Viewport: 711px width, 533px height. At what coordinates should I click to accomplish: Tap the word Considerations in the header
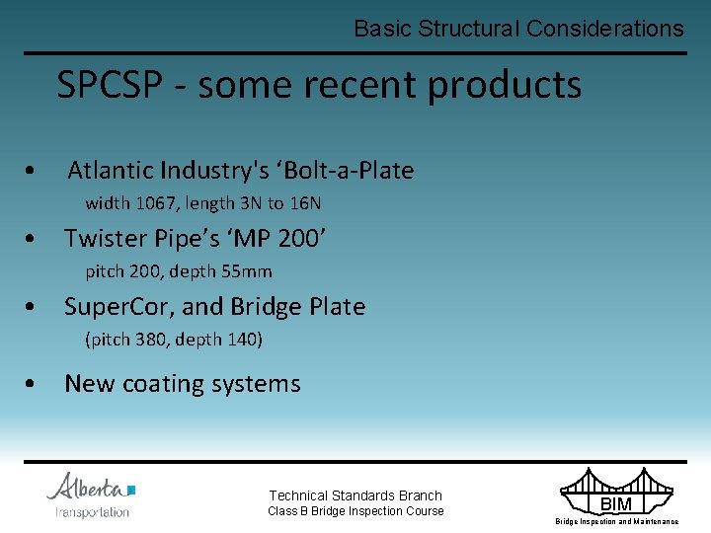point(604,29)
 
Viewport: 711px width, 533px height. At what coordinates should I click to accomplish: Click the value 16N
point(305,204)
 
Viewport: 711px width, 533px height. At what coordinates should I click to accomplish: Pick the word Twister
point(105,239)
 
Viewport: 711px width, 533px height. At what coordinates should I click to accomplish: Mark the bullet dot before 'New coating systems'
point(35,385)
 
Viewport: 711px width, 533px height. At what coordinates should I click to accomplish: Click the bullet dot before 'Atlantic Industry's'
point(35,172)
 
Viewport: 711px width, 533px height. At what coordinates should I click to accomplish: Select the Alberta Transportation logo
point(92,495)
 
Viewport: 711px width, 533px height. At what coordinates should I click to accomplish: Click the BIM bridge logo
point(617,496)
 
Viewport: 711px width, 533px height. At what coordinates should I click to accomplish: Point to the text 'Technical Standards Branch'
point(355,495)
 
